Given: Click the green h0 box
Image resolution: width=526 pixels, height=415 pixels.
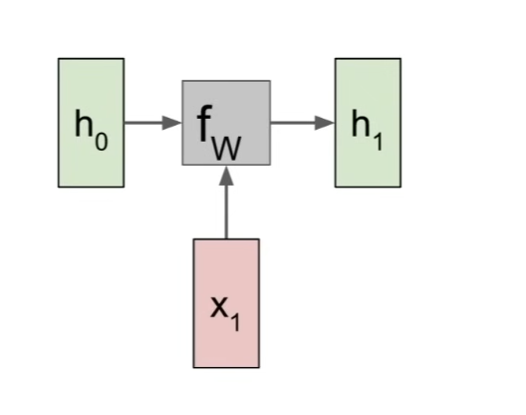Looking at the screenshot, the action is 92,123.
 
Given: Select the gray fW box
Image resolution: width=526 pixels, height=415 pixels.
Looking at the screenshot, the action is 226,123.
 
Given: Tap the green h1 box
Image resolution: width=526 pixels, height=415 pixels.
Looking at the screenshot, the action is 368,123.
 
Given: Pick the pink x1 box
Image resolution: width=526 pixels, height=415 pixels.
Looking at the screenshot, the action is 226,303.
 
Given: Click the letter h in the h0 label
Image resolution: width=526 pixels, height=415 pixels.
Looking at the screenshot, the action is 84,123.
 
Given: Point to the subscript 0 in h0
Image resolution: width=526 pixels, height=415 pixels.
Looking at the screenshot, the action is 102,142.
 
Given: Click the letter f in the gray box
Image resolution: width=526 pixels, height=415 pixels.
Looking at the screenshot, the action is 204,123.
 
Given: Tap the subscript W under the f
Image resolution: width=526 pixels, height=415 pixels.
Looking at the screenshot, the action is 227,148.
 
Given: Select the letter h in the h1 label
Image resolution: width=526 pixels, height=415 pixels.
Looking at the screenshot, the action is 361,123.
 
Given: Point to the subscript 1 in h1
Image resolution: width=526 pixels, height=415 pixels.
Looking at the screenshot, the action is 379,142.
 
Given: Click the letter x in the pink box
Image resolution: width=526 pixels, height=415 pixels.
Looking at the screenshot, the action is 219,307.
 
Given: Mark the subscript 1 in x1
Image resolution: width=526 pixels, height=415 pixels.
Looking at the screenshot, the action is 235,322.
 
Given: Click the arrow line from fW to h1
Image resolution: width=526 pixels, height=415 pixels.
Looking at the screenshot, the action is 303,123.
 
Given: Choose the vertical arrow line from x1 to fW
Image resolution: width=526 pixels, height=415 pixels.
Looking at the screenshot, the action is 226,203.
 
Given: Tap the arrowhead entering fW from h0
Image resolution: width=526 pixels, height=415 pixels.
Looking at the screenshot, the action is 172,123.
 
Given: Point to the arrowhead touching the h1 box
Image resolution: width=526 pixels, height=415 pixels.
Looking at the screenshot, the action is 325,123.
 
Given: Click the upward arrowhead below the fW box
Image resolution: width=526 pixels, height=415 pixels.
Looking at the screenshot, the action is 226,176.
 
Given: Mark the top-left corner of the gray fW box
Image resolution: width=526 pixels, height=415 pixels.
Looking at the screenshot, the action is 182,81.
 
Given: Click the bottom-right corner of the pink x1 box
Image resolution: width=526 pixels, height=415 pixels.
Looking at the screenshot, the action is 259,368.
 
